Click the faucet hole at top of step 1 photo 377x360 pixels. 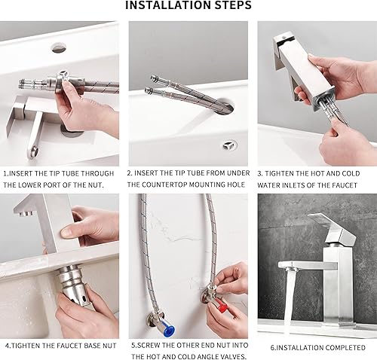click(x=60, y=47)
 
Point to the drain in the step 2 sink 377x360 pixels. click(x=229, y=145)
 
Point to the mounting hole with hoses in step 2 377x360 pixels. click(x=225, y=105)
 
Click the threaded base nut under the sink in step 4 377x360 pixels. click(x=73, y=284)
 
